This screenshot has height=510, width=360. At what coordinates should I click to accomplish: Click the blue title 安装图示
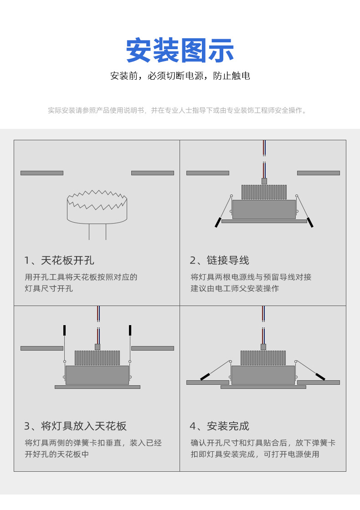[x=180, y=51]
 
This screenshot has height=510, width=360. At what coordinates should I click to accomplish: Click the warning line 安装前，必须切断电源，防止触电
[x=180, y=76]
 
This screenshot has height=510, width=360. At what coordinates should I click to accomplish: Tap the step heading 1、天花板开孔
[x=59, y=260]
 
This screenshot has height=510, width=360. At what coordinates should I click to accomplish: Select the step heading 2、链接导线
[x=220, y=260]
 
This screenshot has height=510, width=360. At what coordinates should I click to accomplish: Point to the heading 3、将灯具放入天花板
[x=76, y=426]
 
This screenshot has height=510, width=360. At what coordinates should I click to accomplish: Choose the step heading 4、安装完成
[x=220, y=426]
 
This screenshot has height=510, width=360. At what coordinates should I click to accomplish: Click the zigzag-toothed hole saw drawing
[x=97, y=207]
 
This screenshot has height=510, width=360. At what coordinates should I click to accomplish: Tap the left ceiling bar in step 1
[x=42, y=173]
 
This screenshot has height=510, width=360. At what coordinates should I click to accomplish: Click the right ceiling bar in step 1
[x=153, y=173]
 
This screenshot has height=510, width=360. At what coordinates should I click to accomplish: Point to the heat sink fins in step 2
[x=264, y=192]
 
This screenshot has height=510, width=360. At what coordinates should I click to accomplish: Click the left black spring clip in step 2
[x=218, y=223]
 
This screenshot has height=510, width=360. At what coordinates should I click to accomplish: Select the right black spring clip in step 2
[x=310, y=223]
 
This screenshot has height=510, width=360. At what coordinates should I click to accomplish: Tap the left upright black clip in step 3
[x=64, y=330]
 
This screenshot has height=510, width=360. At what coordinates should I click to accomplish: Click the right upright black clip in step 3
[x=130, y=330]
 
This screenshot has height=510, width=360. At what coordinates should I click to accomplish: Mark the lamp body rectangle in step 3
[x=97, y=375]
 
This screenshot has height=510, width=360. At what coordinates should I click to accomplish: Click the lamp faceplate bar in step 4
[x=263, y=387]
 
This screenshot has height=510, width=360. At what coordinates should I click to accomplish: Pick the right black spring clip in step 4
[x=320, y=377]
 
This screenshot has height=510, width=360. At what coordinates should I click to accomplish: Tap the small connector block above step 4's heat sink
[x=263, y=347]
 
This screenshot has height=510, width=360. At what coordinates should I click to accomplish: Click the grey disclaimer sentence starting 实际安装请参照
[x=178, y=111]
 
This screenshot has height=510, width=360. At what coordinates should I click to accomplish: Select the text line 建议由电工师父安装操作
[x=235, y=288]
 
